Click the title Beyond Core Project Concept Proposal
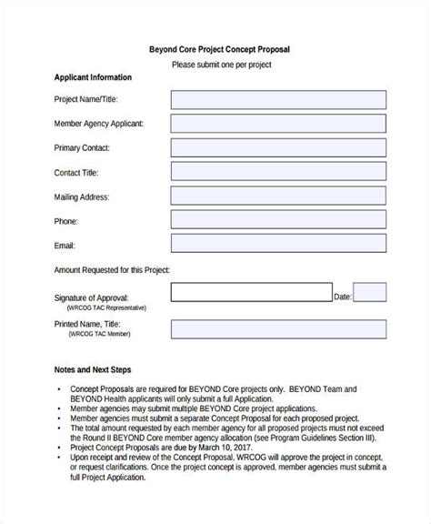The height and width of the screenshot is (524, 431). pos(219,49)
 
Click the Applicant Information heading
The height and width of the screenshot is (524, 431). pos(93,77)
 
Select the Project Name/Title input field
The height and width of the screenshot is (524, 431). pos(278,99)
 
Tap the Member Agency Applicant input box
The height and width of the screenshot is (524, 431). pos(278,124)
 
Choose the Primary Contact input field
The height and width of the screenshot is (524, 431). pos(278,147)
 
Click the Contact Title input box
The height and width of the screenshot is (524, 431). pos(278,172)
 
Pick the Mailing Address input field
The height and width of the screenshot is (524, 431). pos(278,196)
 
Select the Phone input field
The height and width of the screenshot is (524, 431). pos(278,221)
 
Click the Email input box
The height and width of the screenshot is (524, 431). pos(278,246)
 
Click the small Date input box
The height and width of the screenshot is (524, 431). pos(370,293)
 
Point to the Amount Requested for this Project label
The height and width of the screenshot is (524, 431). pos(112,270)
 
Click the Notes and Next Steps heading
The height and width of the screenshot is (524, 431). pos(94,371)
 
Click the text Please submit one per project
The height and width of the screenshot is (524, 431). pos(221,65)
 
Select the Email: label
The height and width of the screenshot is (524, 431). pos(65,246)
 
